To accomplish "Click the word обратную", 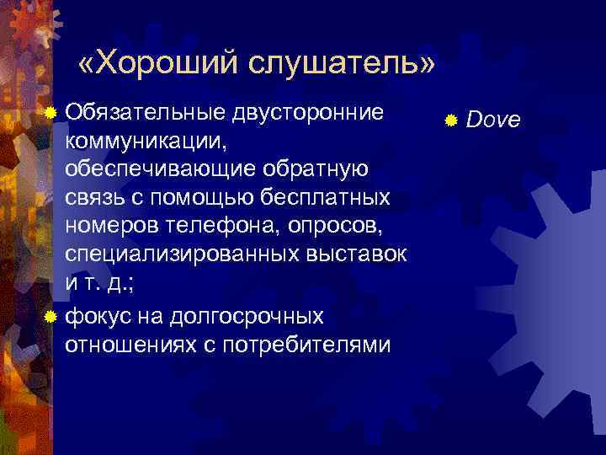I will (316, 169).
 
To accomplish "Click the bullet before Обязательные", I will (52, 113).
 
